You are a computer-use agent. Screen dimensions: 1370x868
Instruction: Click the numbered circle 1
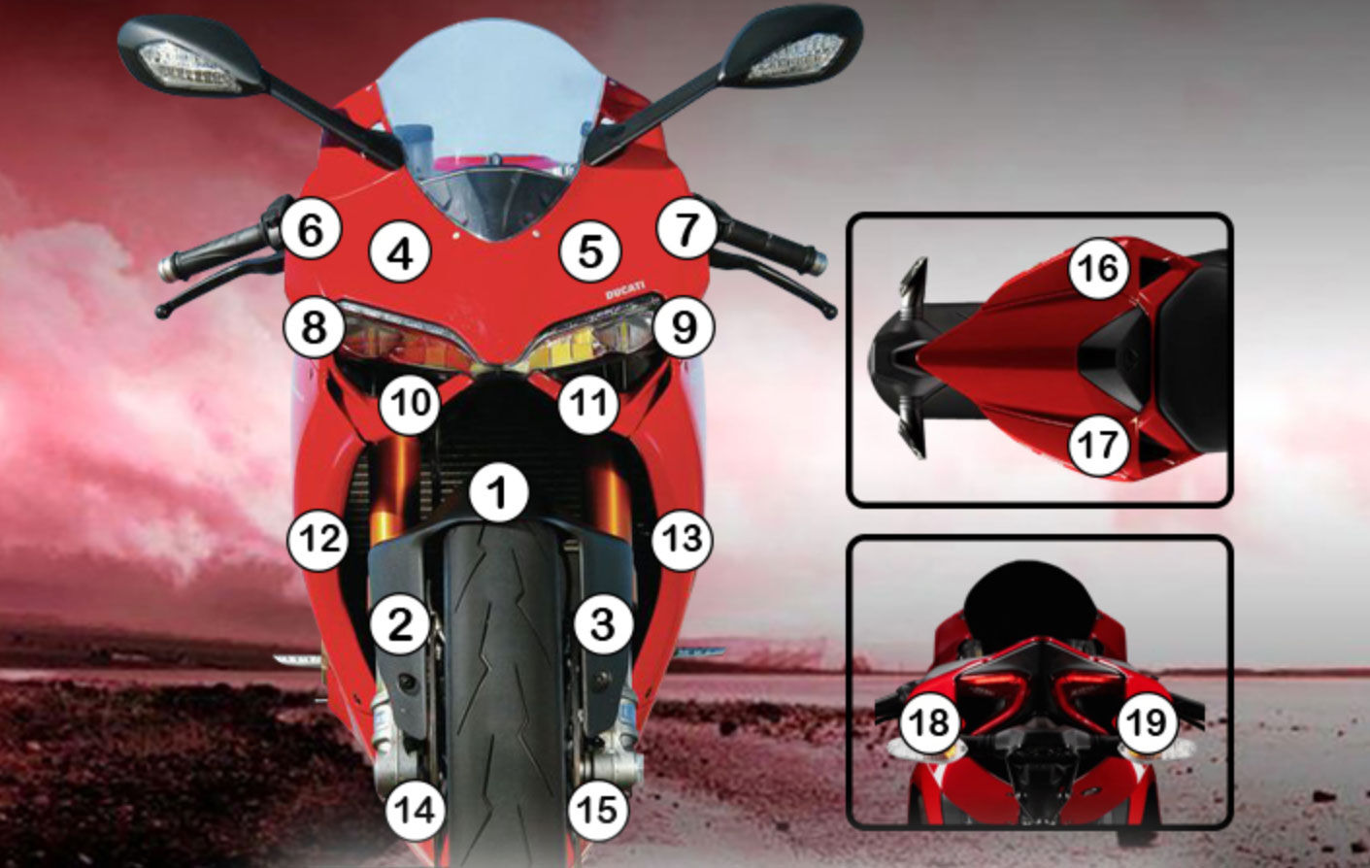point(499,493)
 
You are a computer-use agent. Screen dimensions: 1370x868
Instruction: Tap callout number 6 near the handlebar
point(311,231)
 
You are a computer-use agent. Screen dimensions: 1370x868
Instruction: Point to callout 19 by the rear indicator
point(1148,722)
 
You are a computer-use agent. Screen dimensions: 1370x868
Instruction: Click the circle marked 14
point(416,811)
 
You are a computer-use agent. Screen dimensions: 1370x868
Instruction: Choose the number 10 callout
point(409,404)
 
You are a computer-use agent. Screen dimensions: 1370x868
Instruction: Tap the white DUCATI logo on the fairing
point(624,290)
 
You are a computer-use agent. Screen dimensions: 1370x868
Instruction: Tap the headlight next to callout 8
point(404,337)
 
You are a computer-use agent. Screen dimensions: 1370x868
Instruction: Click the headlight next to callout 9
point(593,337)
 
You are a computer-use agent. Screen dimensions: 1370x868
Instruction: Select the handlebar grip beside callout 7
point(768,244)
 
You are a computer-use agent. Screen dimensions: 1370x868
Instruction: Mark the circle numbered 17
point(1098,445)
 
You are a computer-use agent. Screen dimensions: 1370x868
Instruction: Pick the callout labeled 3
point(602,624)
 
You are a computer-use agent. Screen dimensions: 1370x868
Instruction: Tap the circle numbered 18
point(929,722)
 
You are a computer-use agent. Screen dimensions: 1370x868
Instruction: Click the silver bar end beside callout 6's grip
point(166,268)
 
